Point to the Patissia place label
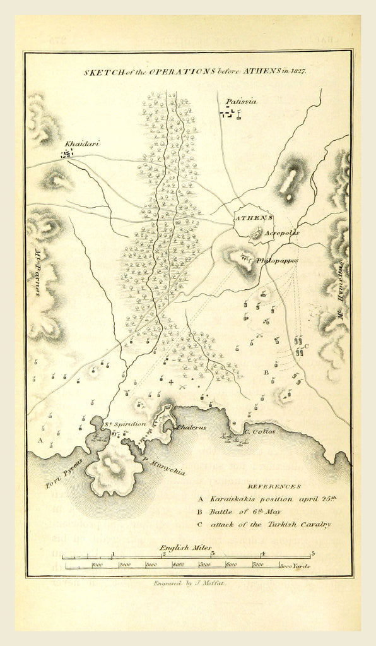coord(242,101)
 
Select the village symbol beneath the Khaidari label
coord(67,153)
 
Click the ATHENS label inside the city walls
coord(254,218)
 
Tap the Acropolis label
coord(282,232)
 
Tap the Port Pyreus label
coord(64,474)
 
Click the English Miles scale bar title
coord(185,547)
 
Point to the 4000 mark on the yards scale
coord(178,565)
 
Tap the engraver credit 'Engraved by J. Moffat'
coord(189,584)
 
